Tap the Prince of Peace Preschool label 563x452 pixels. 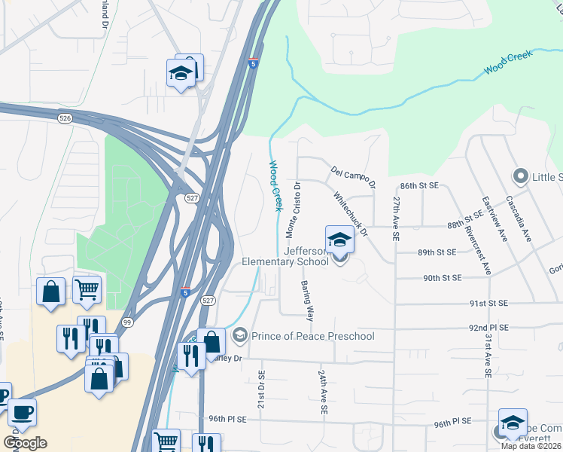313,335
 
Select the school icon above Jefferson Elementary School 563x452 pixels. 339,240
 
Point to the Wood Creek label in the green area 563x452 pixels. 508,62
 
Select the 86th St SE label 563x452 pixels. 419,185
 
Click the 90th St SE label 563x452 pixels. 442,278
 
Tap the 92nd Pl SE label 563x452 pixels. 489,328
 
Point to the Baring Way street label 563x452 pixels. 307,301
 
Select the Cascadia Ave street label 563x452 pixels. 519,218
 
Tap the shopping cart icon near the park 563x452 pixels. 87,289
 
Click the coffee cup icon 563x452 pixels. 22,412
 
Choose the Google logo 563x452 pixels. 25,443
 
